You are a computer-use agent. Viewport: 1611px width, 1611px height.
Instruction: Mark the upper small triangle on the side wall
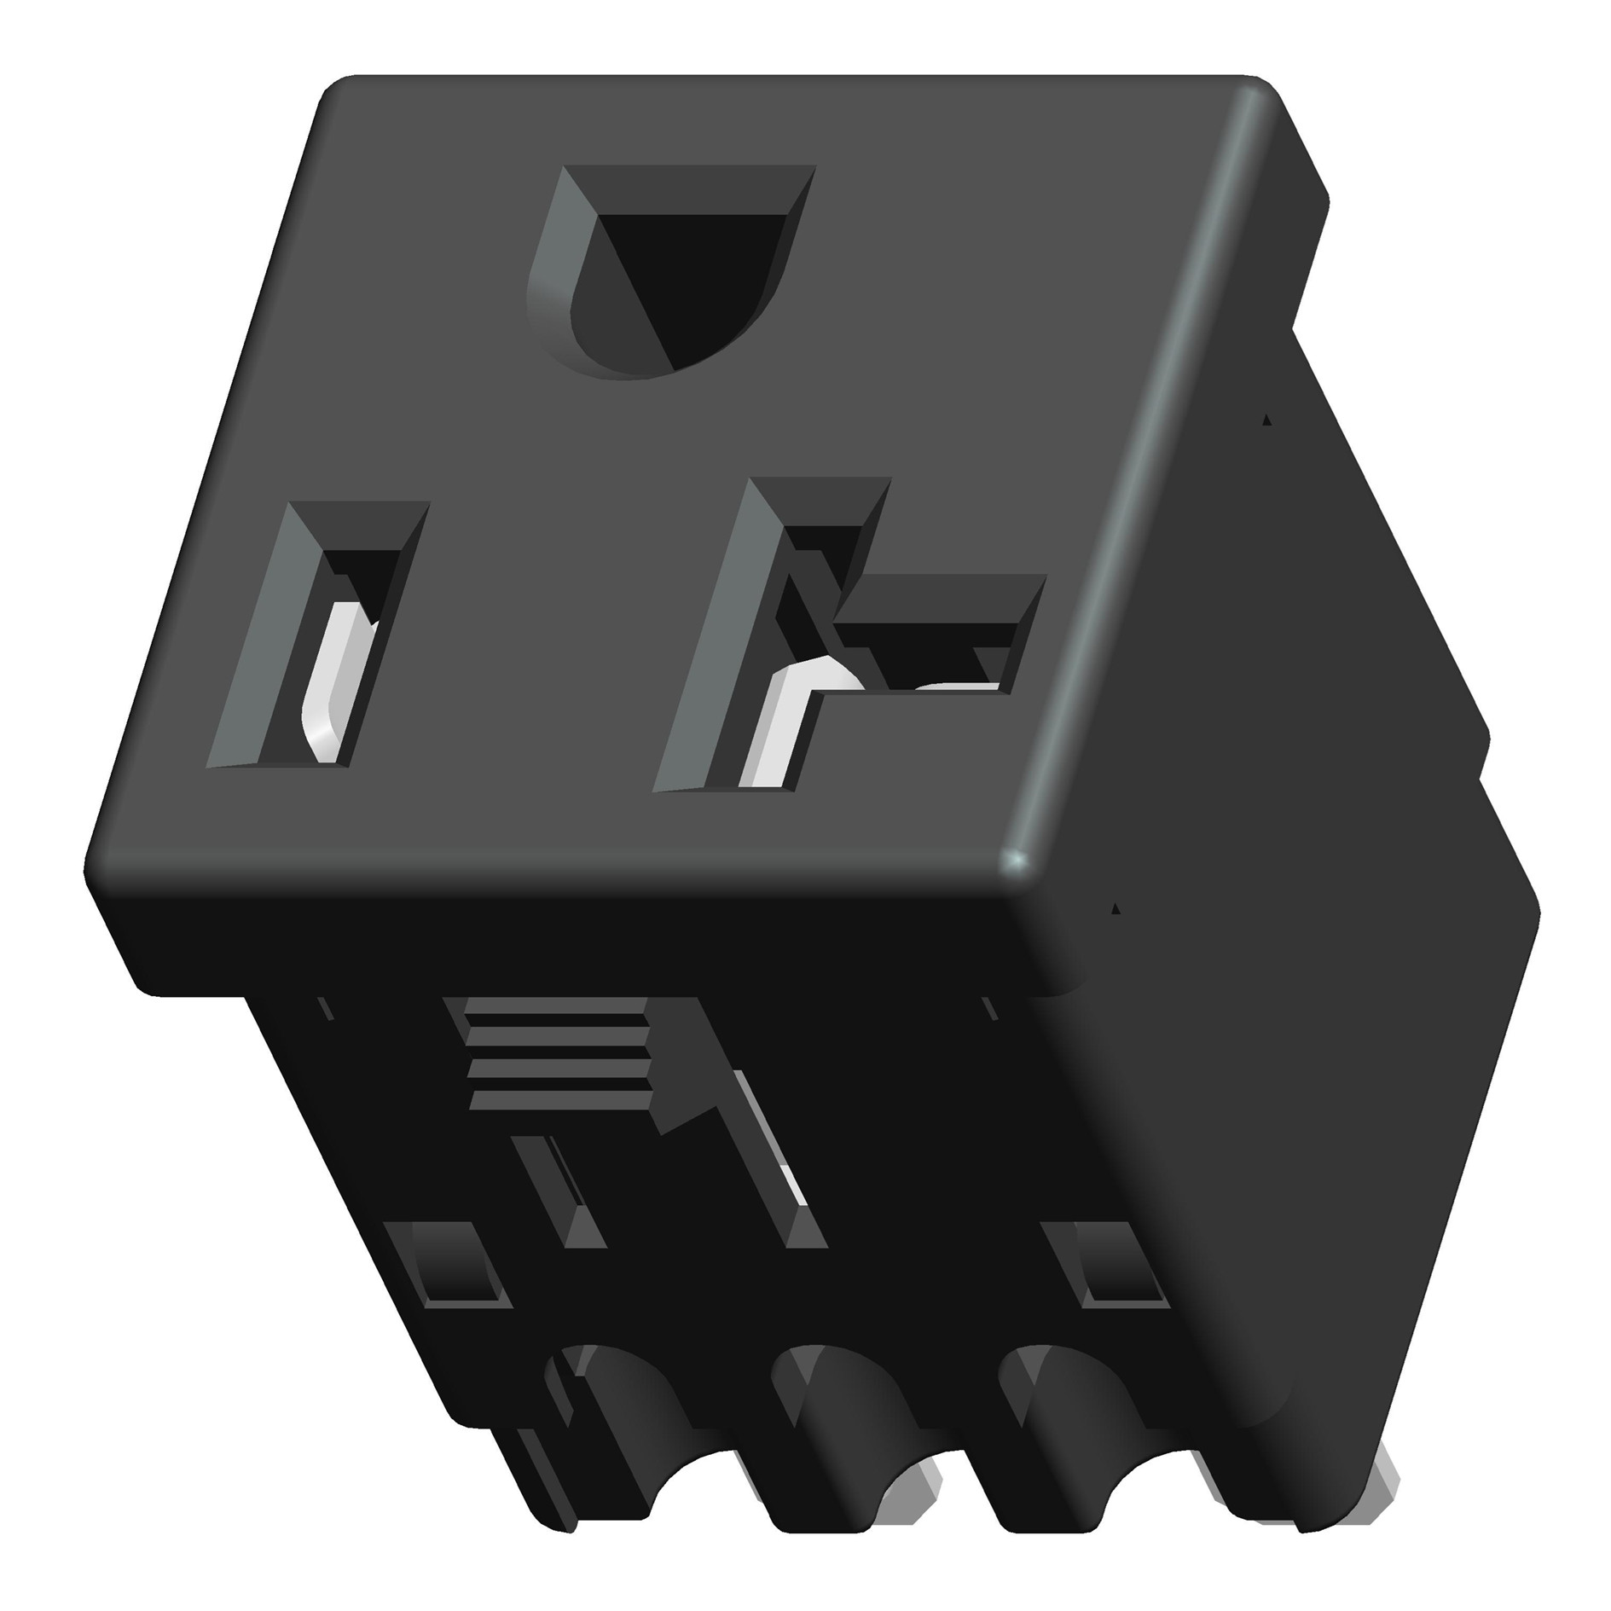point(1266,419)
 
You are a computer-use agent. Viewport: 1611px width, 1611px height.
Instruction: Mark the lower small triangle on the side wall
point(1116,909)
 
